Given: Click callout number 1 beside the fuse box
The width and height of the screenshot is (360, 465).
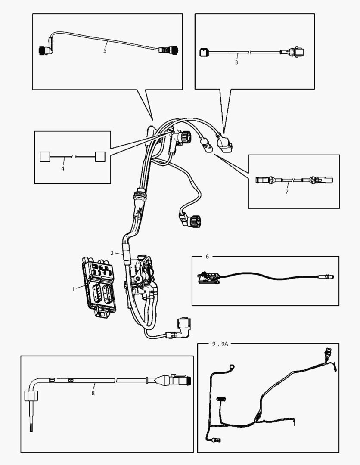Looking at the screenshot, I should pyautogui.click(x=74, y=288).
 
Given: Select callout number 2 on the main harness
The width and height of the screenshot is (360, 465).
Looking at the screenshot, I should pyautogui.click(x=112, y=253).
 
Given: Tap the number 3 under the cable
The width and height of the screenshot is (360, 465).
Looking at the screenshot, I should pyautogui.click(x=236, y=62).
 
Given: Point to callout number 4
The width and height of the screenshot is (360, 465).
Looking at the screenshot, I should pyautogui.click(x=63, y=168).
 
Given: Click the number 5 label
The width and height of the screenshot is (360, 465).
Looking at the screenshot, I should pyautogui.click(x=105, y=50).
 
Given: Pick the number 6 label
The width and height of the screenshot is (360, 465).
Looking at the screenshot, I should pyautogui.click(x=207, y=257).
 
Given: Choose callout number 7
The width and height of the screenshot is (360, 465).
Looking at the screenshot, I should pyautogui.click(x=287, y=191).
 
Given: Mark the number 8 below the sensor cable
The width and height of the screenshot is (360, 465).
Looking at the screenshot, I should pyautogui.click(x=93, y=393).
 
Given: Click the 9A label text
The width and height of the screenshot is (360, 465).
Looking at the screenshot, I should pyautogui.click(x=224, y=344).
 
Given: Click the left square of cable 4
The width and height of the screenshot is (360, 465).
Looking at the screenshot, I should pyautogui.click(x=45, y=156).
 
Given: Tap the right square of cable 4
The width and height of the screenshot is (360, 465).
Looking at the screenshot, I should pyautogui.click(x=100, y=156).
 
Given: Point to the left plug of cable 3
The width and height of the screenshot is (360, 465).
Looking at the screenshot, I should pyautogui.click(x=204, y=53).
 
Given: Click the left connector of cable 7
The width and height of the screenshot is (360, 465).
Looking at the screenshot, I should pyautogui.click(x=263, y=180).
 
